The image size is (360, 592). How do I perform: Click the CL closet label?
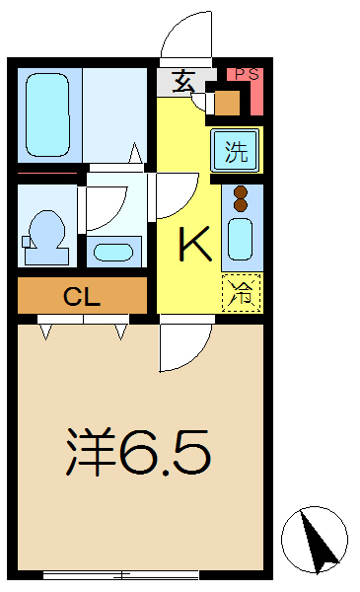83,295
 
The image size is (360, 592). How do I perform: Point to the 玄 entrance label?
183,82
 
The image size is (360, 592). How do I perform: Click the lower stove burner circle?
239,207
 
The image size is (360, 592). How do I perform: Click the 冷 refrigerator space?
240,290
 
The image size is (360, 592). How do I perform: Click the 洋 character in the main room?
90,451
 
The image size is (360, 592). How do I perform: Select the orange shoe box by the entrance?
227,102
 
